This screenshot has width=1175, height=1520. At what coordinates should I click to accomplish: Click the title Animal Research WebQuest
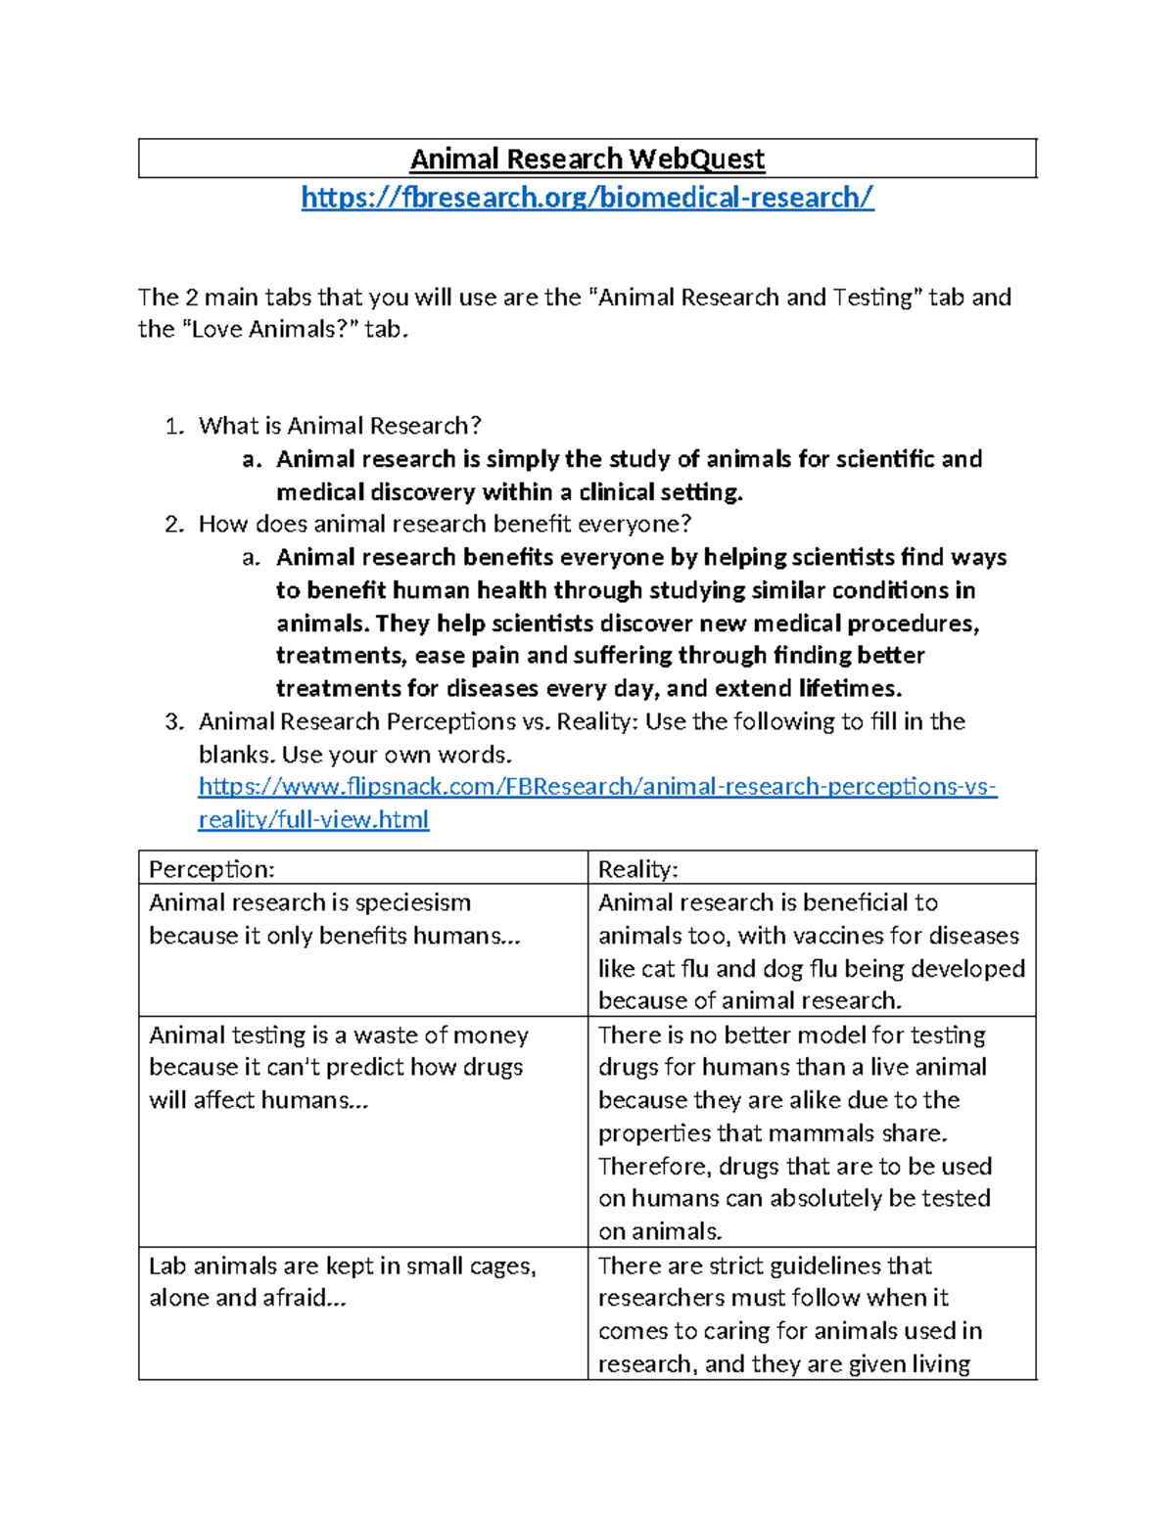587,159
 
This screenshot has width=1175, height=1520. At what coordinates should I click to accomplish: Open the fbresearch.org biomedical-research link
587,198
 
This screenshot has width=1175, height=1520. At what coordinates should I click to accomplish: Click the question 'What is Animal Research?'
340,426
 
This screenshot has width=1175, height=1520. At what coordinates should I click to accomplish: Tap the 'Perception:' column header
211,869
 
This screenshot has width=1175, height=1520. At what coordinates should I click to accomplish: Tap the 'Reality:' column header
638,869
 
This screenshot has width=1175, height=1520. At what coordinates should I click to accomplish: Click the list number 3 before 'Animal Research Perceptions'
174,722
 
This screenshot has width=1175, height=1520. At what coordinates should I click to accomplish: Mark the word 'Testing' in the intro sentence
872,298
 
